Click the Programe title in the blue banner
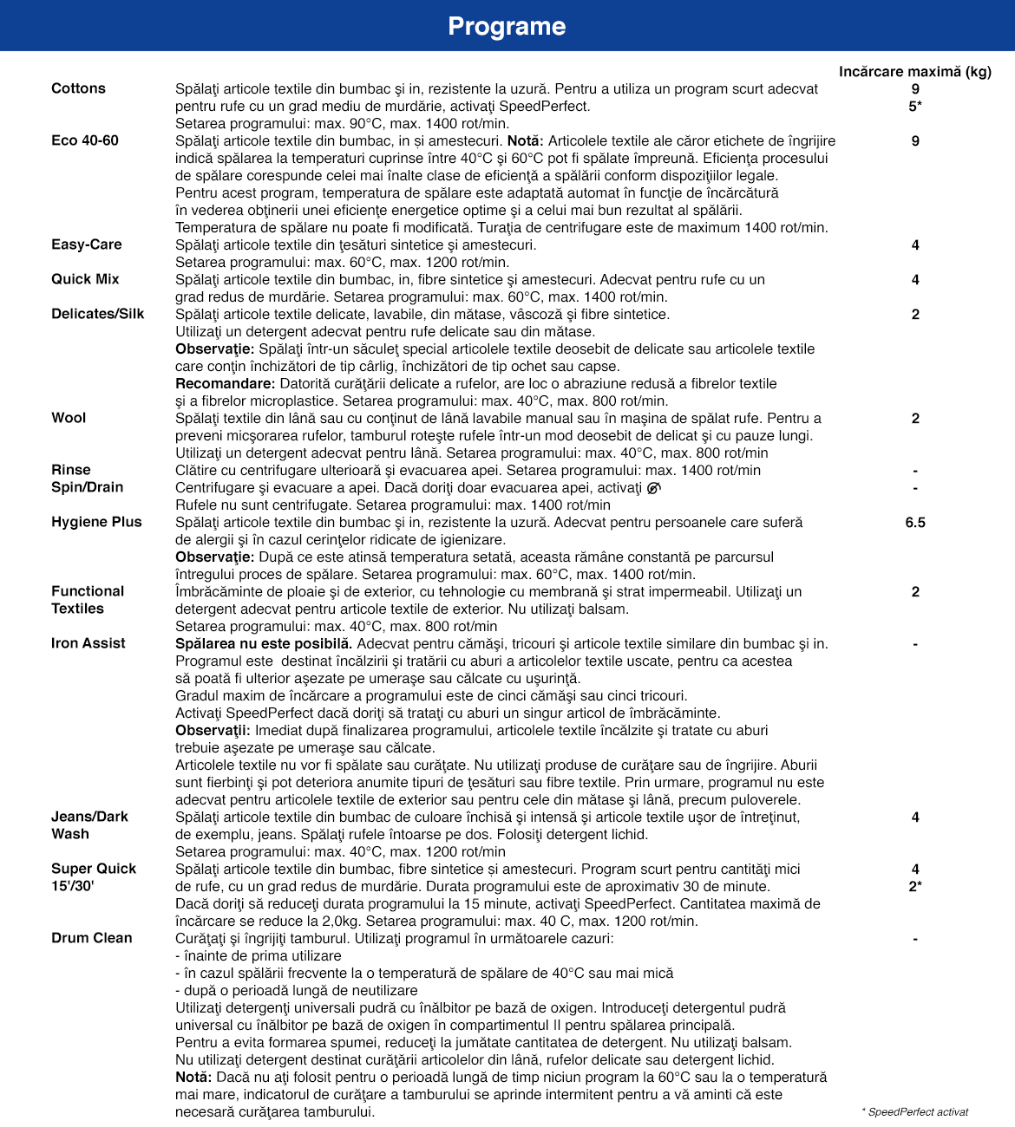tap(507, 26)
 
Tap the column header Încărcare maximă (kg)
tap(914, 71)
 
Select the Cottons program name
tap(78, 88)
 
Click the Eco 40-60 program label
tap(85, 140)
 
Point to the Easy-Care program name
tap(87, 244)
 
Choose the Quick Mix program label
tap(85, 279)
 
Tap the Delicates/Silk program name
tap(98, 314)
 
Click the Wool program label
tap(69, 418)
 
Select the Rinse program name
tap(71, 470)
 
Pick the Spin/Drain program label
tap(87, 487)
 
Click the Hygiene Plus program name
tap(96, 522)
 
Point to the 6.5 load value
tap(915, 522)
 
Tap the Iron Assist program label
tap(88, 643)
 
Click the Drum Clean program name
tap(92, 938)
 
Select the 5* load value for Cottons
tap(915, 106)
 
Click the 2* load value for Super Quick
tap(915, 886)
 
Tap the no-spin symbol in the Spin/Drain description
tap(653, 488)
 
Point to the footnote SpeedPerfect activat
tap(915, 1111)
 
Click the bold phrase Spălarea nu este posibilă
tap(264, 643)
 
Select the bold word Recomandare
tap(225, 383)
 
